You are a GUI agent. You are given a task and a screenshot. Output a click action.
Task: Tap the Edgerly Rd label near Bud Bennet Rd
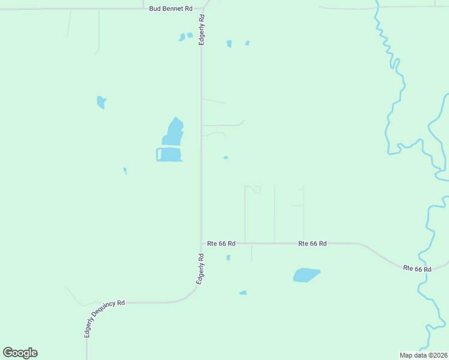203,29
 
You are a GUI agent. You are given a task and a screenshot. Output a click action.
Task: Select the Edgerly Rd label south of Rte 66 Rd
200,269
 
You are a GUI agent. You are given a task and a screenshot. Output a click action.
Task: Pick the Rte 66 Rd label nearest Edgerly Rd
221,244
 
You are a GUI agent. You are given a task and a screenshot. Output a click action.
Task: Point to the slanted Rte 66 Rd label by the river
417,269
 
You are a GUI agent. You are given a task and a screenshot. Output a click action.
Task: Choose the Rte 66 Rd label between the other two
313,244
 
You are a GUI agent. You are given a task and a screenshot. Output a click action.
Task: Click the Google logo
20,353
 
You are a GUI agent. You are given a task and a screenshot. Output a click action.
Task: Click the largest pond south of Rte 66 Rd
306,275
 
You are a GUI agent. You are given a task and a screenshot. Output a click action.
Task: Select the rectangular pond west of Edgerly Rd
171,155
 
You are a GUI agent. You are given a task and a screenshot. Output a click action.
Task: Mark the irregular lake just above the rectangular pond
173,133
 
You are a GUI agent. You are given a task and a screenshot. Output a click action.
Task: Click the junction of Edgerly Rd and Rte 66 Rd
201,243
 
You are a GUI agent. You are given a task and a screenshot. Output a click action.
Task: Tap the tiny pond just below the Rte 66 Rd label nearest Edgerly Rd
228,257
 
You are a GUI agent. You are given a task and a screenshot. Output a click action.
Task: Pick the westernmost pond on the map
101,102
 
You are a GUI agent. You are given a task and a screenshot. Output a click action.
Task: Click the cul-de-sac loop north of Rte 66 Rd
256,189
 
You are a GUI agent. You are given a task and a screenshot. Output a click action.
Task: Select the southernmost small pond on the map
243,293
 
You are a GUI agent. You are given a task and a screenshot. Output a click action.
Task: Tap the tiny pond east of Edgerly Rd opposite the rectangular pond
226,158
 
